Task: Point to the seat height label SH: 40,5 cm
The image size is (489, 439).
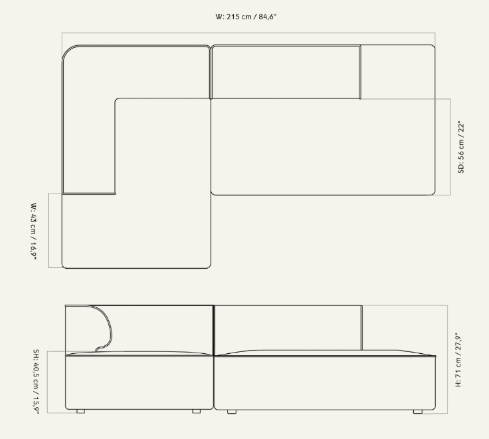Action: (x=36, y=368)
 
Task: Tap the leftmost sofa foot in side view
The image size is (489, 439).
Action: (x=81, y=412)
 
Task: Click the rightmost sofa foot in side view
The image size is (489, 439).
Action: (x=418, y=412)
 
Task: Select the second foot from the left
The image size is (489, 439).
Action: (x=196, y=412)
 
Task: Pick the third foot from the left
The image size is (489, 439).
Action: (x=232, y=412)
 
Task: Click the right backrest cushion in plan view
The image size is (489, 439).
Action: (x=286, y=72)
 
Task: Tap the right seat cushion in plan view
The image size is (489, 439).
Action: (x=323, y=147)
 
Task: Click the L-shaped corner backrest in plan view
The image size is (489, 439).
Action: (x=88, y=73)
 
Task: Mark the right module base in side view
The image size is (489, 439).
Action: (x=325, y=382)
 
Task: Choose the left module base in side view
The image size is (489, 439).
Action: (x=140, y=382)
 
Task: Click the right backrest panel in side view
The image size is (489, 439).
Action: (x=288, y=328)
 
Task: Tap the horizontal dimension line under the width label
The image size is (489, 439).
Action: (x=248, y=33)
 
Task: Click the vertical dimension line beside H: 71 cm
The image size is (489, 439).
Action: (x=448, y=359)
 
